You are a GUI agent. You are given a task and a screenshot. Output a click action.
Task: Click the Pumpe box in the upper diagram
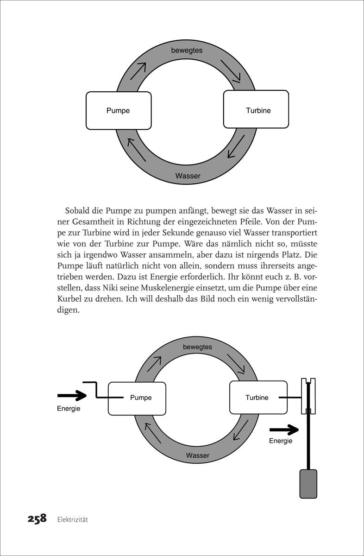tap(119, 110)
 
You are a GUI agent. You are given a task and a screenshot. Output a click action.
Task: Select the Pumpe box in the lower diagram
tap(137, 398)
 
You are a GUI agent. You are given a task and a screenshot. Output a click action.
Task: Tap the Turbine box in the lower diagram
tap(257, 397)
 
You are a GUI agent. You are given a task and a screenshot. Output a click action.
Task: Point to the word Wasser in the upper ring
tap(188, 176)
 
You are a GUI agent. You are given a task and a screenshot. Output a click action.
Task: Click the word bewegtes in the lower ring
tap(197, 347)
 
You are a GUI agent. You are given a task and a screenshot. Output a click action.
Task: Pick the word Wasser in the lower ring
tap(198, 455)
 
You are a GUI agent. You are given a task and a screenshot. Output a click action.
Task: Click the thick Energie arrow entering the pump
tap(72, 396)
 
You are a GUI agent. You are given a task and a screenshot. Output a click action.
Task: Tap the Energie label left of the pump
tap(69, 409)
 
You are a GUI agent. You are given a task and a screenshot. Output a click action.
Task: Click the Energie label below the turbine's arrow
tap(281, 441)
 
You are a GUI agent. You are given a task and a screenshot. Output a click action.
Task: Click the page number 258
tap(31, 518)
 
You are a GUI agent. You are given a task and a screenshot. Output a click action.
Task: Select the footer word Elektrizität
tap(73, 519)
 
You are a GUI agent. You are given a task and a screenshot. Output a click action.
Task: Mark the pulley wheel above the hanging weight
tap(308, 396)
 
